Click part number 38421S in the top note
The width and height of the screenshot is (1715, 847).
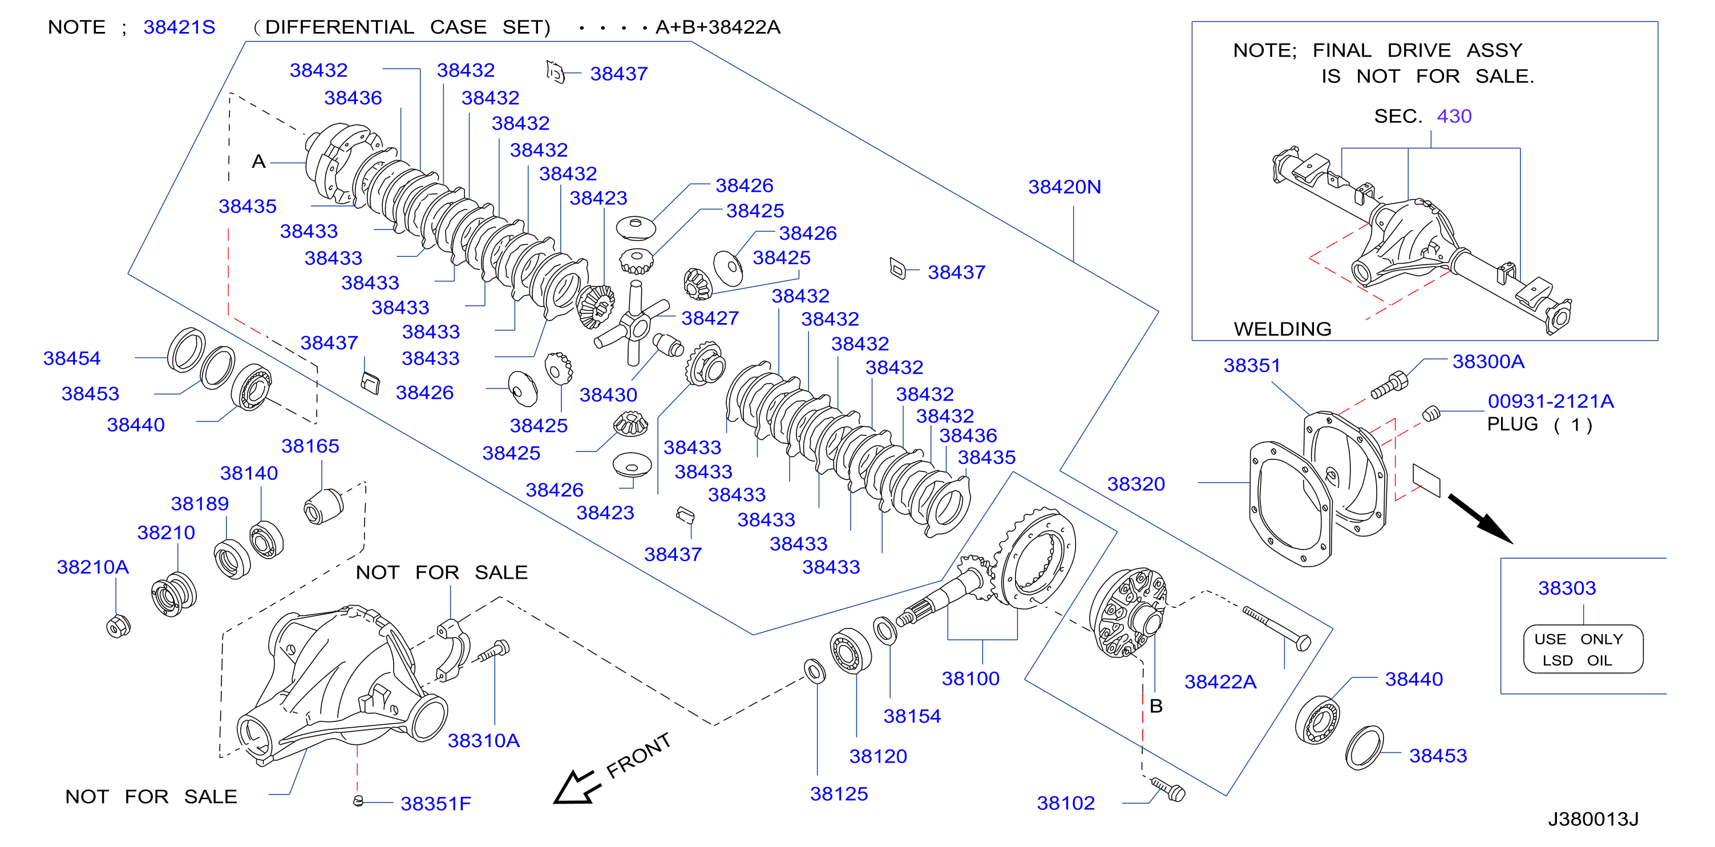click(179, 27)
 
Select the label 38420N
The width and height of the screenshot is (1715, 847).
click(1064, 187)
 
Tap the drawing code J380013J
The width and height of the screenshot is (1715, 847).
click(1592, 819)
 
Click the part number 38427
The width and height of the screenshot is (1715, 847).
click(710, 318)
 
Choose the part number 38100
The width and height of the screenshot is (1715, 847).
click(970, 679)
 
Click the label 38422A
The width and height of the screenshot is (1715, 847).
click(1220, 682)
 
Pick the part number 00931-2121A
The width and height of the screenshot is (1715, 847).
click(1551, 402)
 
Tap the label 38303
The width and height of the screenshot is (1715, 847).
click(1567, 588)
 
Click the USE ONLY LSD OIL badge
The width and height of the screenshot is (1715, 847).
click(1583, 650)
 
